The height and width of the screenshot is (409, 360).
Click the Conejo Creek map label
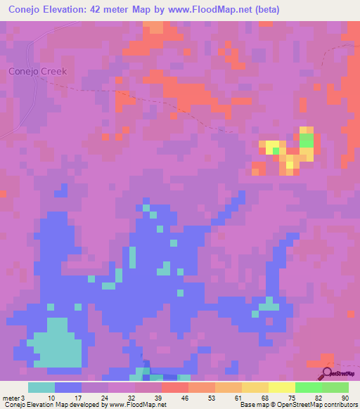point(37,71)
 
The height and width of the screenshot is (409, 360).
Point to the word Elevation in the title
point(75,10)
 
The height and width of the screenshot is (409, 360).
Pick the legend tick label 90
point(345,398)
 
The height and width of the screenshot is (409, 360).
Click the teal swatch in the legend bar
point(41,387)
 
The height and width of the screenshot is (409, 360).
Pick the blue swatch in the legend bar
point(68,387)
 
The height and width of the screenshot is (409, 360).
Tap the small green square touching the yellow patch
point(276,150)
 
